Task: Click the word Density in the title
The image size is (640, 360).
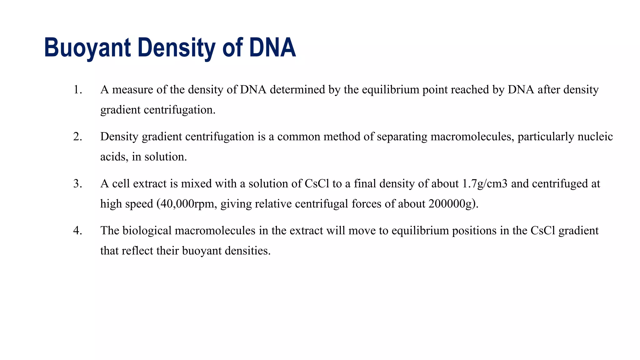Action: pyautogui.click(x=176, y=48)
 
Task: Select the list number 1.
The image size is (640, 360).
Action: pyautogui.click(x=77, y=90)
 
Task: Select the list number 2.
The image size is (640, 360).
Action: pyautogui.click(x=77, y=137)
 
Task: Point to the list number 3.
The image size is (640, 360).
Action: pyautogui.click(x=77, y=184)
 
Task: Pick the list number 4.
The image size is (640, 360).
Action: pyautogui.click(x=77, y=231)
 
